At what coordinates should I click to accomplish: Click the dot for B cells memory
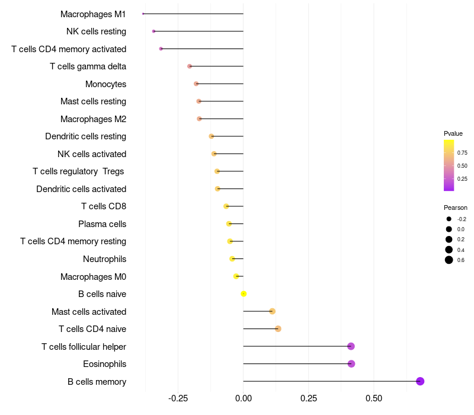pos(420,381)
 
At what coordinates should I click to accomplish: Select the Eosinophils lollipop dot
pos(351,363)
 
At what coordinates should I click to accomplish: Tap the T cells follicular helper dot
pos(351,346)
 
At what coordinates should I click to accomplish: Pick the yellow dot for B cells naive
pos(244,293)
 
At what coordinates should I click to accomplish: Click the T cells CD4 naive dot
pos(278,328)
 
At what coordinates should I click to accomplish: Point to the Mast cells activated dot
pos(272,311)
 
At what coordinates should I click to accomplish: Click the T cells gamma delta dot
pos(190,66)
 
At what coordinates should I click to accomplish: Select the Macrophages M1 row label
pos(93,14)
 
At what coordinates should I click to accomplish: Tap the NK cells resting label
pos(96,31)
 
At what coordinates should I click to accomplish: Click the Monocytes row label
pos(105,84)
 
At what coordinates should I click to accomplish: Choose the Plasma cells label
pos(102,224)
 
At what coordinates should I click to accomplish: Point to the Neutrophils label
pos(104,259)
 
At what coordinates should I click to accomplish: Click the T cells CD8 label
pos(104,206)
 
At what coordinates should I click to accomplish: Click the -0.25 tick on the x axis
pos(178,398)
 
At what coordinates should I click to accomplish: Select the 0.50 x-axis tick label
pos(374,398)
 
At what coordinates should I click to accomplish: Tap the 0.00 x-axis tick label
pos(244,398)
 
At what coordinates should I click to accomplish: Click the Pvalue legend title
pos(453,133)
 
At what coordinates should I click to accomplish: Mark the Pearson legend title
pos(456,207)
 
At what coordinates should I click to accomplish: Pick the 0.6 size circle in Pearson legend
pos(449,260)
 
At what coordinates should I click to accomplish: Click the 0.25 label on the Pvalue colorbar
pos(462,178)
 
